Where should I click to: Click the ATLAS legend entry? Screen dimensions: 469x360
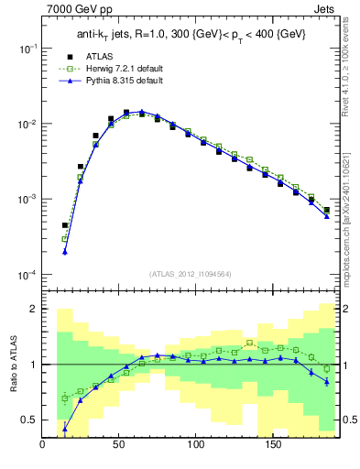coord(100,57)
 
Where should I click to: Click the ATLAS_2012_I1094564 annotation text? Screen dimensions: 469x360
coord(189,274)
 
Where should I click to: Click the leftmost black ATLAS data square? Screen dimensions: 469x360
coord(65,225)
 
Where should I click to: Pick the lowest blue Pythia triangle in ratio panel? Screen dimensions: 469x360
coord(65,429)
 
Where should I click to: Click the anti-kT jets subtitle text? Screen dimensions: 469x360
coord(190,36)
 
